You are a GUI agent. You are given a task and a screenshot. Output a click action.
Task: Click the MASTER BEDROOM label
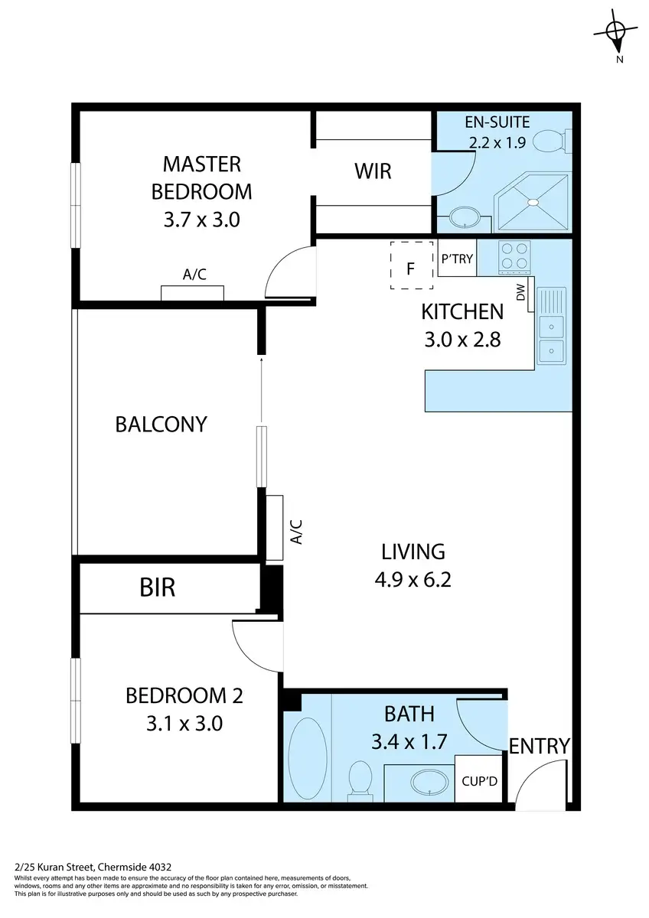point(201,177)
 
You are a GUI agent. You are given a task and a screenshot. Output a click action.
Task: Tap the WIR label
point(373,171)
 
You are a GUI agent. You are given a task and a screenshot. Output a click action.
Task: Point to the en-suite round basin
point(465,218)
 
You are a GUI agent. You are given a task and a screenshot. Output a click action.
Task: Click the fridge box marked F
point(411,265)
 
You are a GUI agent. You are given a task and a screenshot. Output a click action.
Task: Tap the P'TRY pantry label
point(458,259)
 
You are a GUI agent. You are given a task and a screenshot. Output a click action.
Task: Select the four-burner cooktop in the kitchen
point(514,257)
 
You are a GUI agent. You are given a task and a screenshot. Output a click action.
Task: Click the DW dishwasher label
point(522,292)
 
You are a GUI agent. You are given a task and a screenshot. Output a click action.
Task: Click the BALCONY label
point(161,424)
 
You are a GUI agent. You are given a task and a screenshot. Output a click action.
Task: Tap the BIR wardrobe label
point(158,588)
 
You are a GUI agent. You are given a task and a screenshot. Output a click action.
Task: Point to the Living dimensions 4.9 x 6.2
point(413,579)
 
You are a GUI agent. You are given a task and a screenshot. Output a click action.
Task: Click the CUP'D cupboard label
point(481,782)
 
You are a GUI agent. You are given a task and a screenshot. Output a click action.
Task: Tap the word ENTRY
point(540,745)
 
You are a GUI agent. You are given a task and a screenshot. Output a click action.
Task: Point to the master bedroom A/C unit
point(192,293)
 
